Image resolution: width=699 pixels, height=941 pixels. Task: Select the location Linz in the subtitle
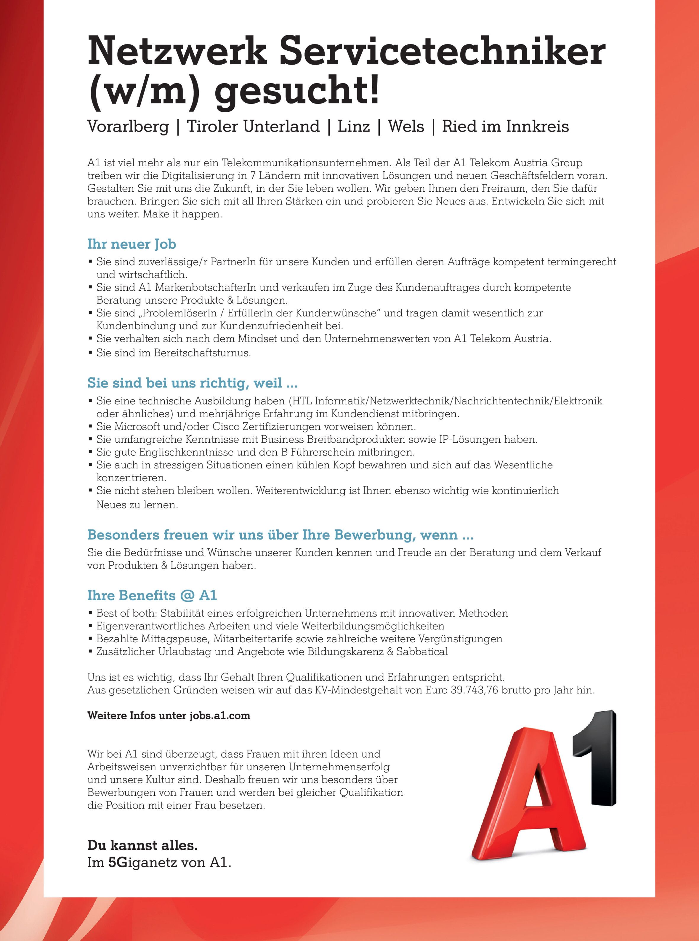[x=353, y=126]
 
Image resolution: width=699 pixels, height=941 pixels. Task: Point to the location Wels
[x=406, y=126]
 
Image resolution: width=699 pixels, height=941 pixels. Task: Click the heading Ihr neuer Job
[x=132, y=244]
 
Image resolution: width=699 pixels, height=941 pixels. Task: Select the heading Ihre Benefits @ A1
[x=152, y=595]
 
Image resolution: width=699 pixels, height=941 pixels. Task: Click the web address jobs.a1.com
[x=219, y=716]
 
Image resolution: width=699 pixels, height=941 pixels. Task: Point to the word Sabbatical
[x=422, y=652]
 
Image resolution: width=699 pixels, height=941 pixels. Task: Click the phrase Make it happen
[x=182, y=214]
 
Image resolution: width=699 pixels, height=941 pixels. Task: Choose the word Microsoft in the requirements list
[x=137, y=426]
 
